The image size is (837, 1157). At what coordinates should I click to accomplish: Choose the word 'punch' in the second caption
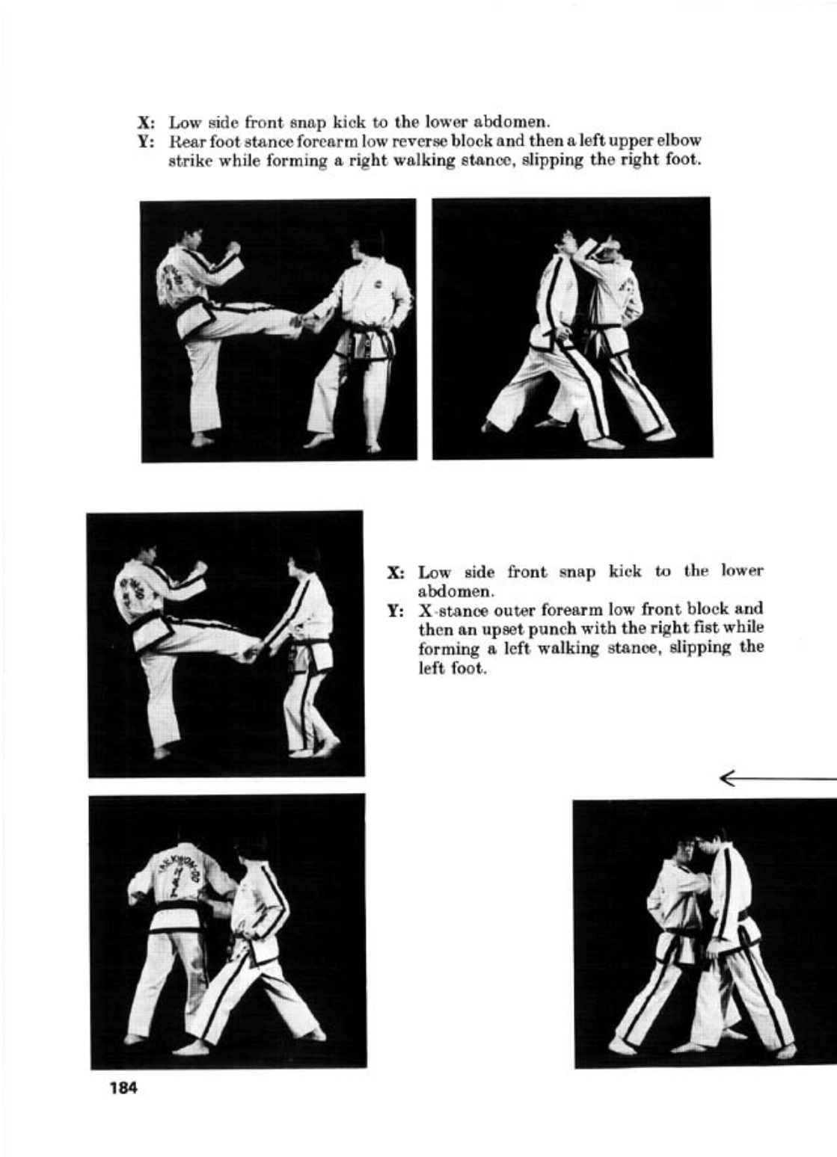click(528, 629)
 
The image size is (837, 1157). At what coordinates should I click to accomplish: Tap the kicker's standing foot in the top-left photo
click(203, 441)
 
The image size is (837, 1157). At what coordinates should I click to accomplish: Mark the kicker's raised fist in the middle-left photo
click(199, 567)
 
